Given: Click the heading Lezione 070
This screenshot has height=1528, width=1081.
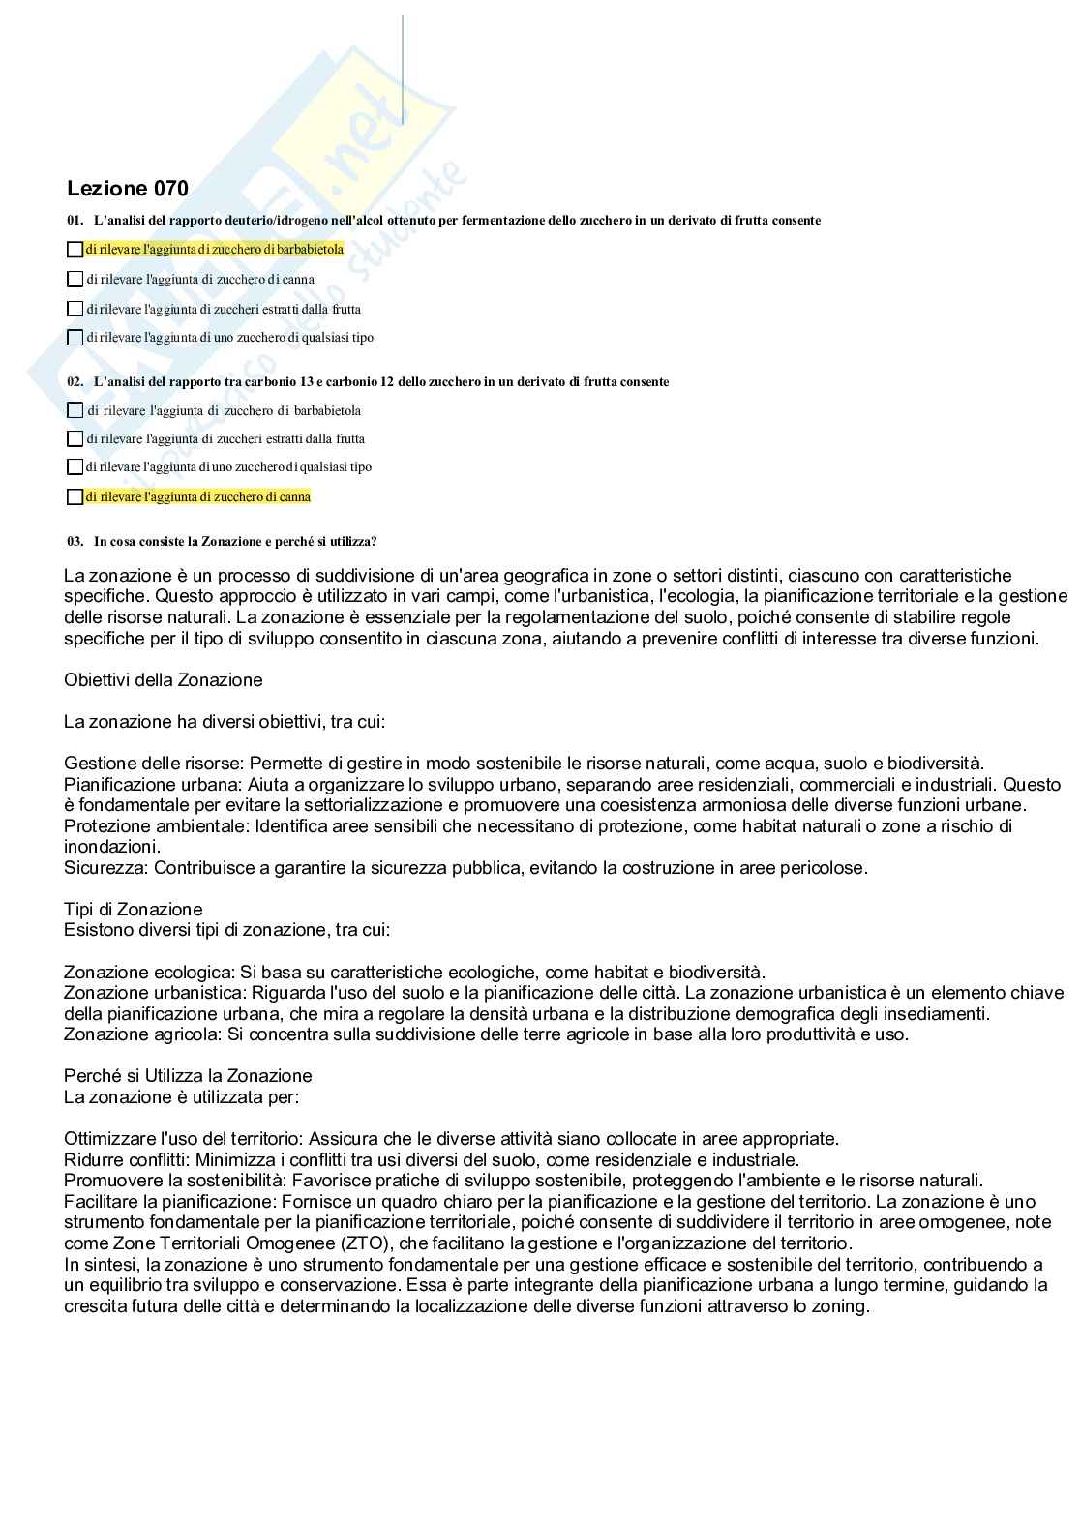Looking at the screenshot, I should pos(128,189).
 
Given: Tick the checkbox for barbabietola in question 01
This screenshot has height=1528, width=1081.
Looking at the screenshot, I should pos(75,250).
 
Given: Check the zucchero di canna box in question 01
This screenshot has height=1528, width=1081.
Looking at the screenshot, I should pos(75,280).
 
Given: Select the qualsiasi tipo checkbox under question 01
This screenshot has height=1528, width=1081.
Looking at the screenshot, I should pos(75,338).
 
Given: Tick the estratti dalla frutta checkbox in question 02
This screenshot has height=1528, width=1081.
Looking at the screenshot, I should pos(75,439).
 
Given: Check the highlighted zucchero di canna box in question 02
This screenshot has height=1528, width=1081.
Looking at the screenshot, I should pos(75,497).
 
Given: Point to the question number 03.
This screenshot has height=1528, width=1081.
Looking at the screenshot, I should pos(75,542).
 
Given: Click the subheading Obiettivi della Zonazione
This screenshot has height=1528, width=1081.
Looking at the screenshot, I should pos(164,680).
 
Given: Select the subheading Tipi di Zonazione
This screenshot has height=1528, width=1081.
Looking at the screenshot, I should pos(134,910).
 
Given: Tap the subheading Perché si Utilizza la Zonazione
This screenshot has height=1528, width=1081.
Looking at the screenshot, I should pos(188,1076).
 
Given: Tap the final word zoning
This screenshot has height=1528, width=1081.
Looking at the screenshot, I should pos(842,1306).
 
